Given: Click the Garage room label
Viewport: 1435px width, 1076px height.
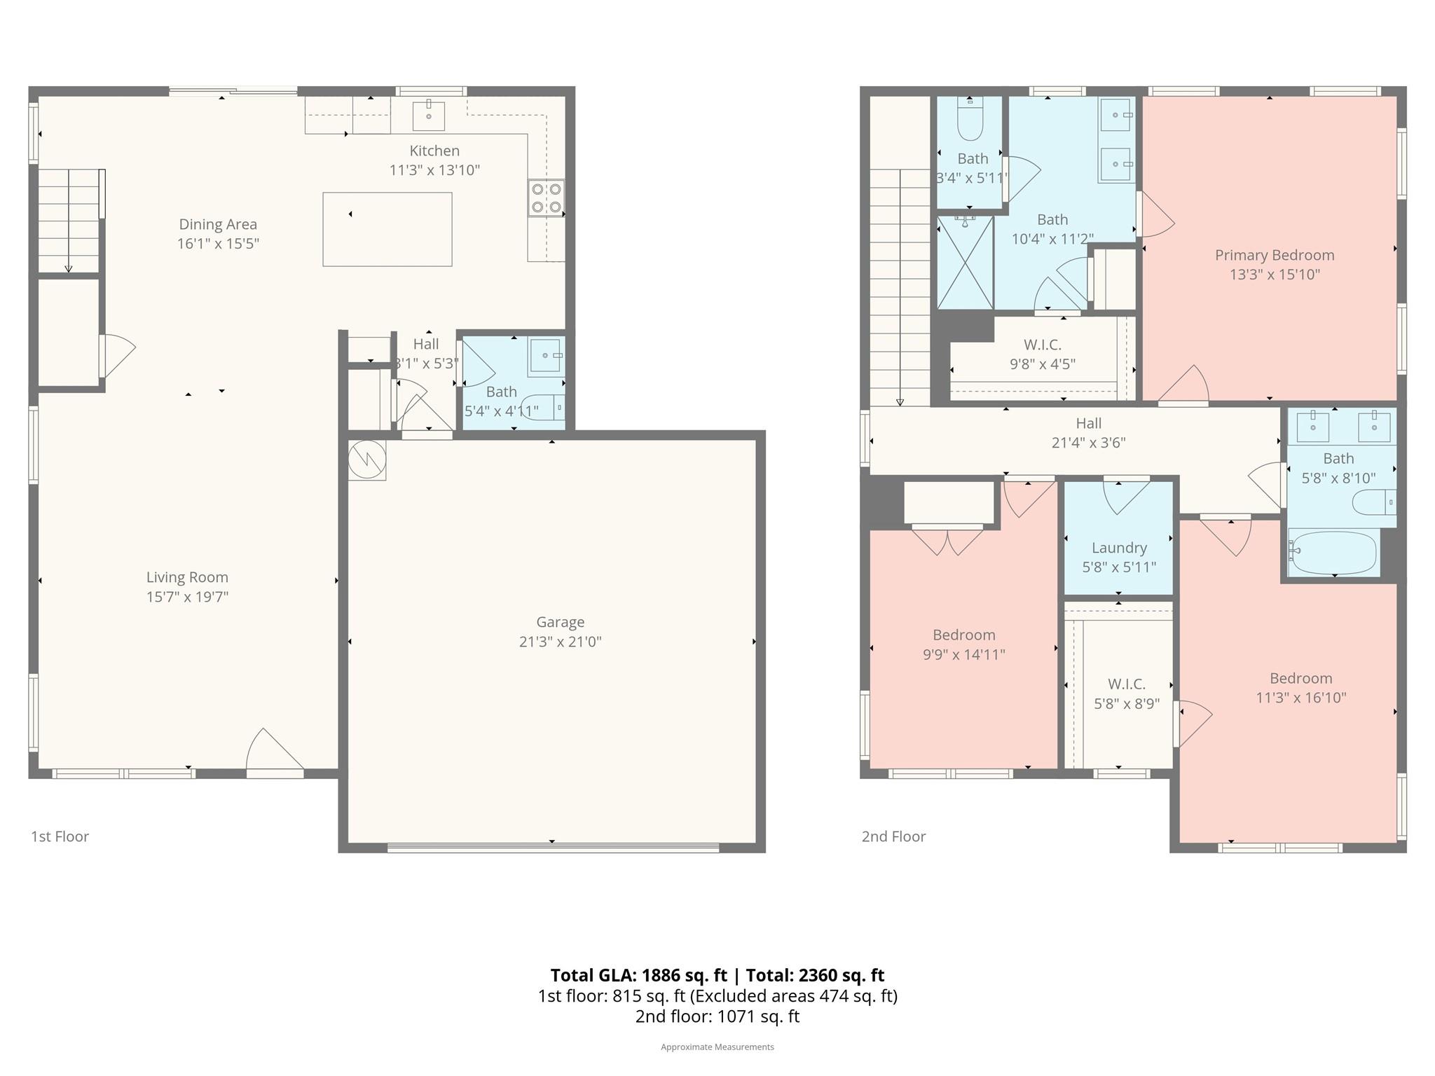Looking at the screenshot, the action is tap(560, 622).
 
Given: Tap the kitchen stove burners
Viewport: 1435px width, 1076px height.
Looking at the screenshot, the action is tap(546, 198).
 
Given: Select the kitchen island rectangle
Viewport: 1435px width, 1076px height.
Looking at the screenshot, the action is tap(387, 229).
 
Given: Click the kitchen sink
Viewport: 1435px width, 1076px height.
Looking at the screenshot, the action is tap(428, 116).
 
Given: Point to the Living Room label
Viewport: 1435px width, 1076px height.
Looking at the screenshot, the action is tap(187, 577).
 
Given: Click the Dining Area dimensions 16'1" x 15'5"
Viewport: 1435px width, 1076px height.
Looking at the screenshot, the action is tap(218, 244).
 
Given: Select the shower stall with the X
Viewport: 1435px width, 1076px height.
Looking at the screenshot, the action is tap(966, 263).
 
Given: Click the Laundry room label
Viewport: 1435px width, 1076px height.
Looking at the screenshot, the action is tap(1119, 548).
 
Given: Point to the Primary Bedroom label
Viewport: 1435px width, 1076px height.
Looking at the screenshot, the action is tap(1275, 255).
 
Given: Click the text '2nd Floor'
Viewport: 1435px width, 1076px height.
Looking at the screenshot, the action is tap(893, 836).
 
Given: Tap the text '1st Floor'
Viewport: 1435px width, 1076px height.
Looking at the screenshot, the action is tap(60, 836).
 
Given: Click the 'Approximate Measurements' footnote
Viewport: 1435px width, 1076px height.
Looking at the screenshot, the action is tap(717, 1047).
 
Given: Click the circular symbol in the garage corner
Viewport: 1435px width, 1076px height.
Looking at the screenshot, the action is tap(366, 460).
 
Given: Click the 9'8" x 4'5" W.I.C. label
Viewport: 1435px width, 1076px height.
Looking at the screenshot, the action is tap(1043, 364).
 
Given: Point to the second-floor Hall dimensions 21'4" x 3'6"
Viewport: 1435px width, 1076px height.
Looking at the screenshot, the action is tap(1088, 443).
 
